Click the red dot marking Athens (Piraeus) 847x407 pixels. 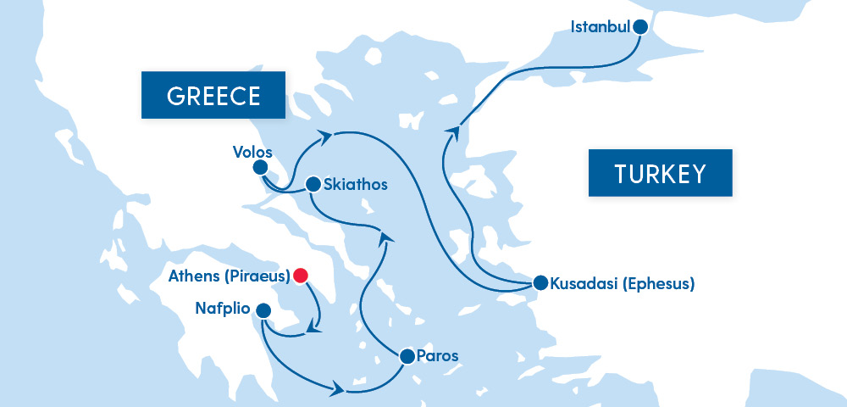301,275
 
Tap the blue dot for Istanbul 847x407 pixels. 640,26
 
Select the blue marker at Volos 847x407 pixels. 261,168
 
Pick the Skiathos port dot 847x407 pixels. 313,183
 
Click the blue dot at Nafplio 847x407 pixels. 263,310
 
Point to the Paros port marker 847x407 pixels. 407,356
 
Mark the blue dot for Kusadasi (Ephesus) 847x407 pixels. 540,283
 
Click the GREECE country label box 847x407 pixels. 213,96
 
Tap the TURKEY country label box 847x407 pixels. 660,174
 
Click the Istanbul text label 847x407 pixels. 601,26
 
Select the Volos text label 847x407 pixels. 252,153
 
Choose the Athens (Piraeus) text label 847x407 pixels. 229,276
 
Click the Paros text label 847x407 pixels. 438,356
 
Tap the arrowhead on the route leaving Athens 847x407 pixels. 317,326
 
